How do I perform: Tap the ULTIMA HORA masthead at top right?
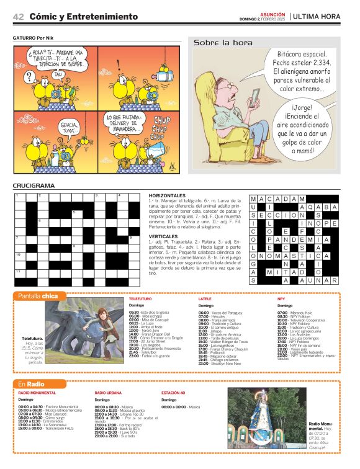click(317, 17)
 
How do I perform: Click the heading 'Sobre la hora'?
click(223, 43)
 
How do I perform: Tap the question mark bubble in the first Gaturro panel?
click(29, 78)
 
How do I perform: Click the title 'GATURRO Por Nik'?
click(34, 37)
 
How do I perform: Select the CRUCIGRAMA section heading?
click(34, 185)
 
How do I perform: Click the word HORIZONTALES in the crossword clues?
click(168, 195)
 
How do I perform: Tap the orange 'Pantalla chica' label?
click(38, 296)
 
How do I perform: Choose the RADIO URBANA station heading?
click(108, 393)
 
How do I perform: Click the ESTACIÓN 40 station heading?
click(173, 393)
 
